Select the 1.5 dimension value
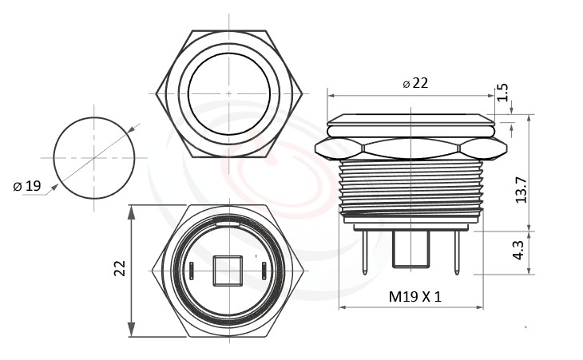503,93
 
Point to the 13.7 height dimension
521,189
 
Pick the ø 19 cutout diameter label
27,186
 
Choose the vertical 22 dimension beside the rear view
120,269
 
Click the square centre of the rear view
228,270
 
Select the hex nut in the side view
411,148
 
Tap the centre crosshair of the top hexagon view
229,93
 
